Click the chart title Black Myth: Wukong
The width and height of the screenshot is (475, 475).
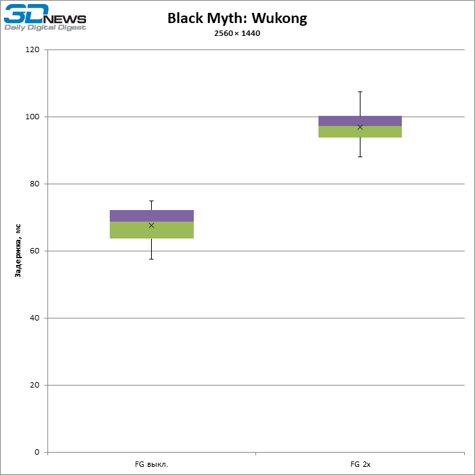pyautogui.click(x=237, y=18)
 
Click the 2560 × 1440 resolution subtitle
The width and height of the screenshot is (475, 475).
pyautogui.click(x=237, y=34)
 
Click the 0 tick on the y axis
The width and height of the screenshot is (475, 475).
pyautogui.click(x=37, y=453)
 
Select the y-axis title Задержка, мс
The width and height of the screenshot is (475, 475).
pyautogui.click(x=18, y=251)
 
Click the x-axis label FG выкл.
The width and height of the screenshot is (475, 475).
pyautogui.click(x=151, y=465)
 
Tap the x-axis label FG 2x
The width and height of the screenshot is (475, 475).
pyautogui.click(x=360, y=465)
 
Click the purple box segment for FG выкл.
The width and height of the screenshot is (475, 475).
pyautogui.click(x=152, y=216)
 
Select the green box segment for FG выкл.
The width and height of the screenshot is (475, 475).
pyautogui.click(x=152, y=231)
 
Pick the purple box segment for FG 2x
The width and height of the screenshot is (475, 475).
pyautogui.click(x=360, y=121)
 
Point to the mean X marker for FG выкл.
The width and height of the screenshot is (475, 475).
pyautogui.click(x=152, y=226)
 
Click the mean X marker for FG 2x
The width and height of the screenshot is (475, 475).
pyautogui.click(x=360, y=127)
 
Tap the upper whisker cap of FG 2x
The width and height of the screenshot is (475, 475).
pyautogui.click(x=360, y=91)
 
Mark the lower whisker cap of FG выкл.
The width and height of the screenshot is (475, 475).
pyautogui.click(x=152, y=259)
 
